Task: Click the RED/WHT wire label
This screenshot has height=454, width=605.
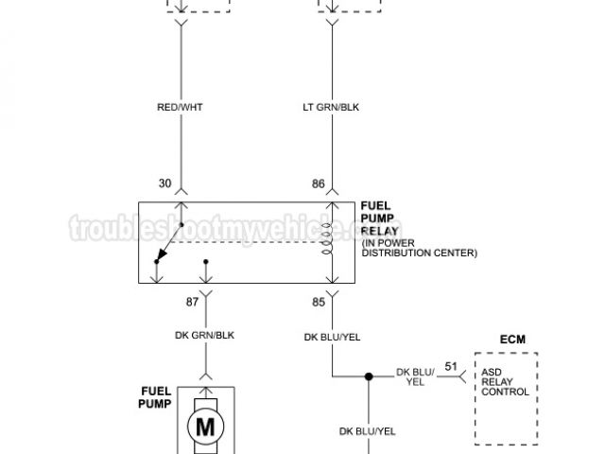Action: click(180, 107)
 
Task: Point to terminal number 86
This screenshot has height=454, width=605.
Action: click(319, 183)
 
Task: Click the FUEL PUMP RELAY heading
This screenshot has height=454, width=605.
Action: click(381, 218)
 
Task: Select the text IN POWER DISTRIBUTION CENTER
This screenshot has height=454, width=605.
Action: click(419, 247)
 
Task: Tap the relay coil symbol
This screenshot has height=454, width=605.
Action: click(329, 242)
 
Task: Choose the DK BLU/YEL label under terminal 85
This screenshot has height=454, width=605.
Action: click(332, 336)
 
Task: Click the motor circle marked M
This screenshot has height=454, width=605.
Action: click(205, 427)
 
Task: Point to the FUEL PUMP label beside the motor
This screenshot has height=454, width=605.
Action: click(155, 396)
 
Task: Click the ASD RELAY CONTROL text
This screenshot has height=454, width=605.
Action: click(506, 381)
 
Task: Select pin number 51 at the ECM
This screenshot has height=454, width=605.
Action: click(450, 365)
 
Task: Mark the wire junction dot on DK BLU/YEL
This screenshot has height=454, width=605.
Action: click(370, 377)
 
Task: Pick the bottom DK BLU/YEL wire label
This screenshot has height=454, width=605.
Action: click(368, 431)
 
